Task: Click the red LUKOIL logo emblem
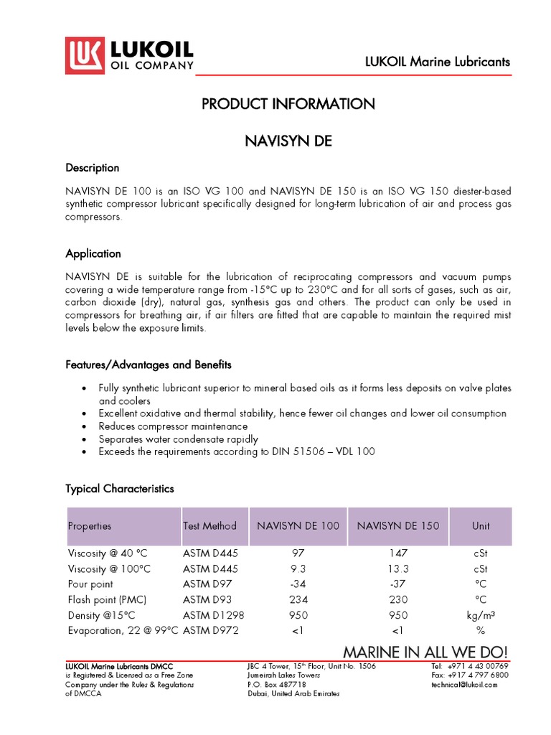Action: [85, 56]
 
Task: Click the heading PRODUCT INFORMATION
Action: [288, 104]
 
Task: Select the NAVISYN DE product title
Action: [288, 141]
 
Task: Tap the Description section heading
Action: [93, 168]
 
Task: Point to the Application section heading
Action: [93, 254]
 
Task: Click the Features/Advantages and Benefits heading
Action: [149, 365]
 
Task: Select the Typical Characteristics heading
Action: [120, 489]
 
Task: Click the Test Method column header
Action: [209, 526]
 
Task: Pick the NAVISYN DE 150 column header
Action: [397, 526]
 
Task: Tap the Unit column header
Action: [481, 526]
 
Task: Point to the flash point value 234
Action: [298, 599]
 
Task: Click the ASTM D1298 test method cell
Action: [210, 615]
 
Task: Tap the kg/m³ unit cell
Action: [481, 615]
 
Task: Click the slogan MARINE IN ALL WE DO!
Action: [425, 652]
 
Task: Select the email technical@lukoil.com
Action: [464, 685]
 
